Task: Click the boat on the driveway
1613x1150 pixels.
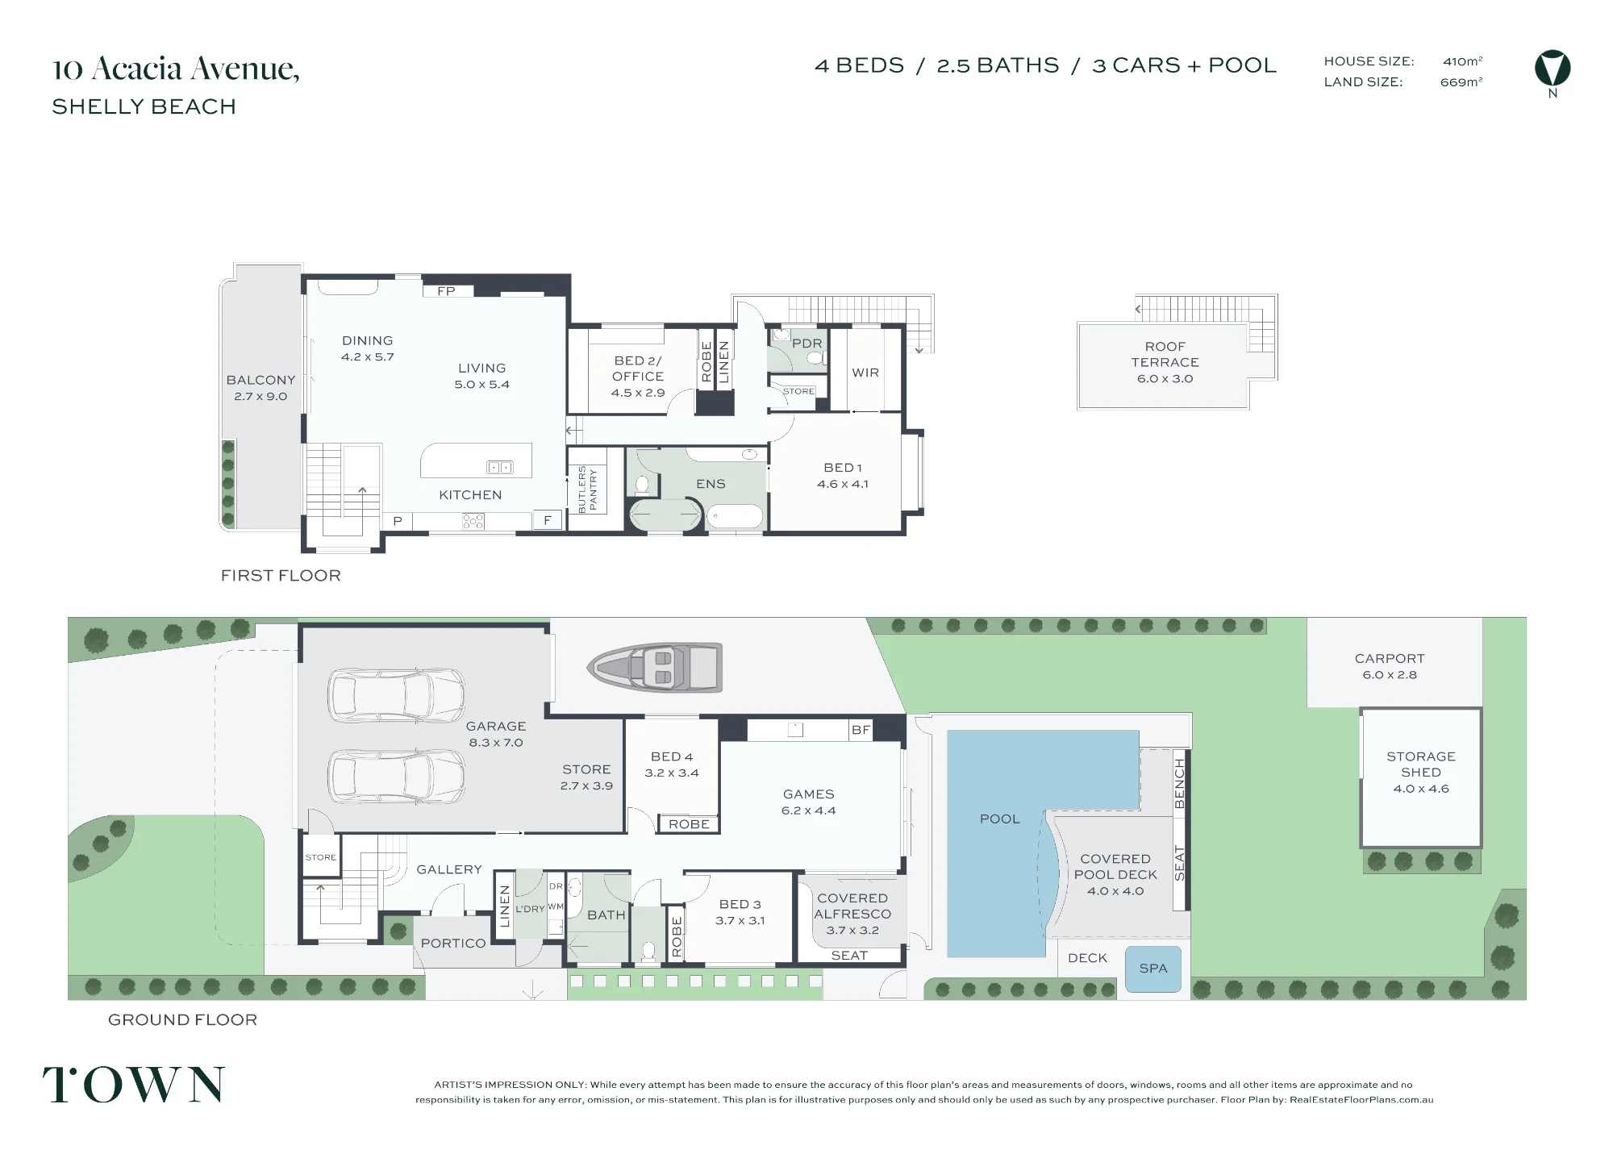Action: click(654, 667)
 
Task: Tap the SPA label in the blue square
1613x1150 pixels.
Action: click(1152, 969)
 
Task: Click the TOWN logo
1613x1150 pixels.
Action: click(134, 1085)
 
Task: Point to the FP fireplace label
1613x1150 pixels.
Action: click(446, 291)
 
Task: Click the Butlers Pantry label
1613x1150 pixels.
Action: click(587, 489)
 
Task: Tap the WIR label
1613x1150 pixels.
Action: click(865, 373)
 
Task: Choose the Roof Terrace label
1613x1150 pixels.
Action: click(1165, 354)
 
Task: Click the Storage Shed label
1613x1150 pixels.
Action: click(1421, 764)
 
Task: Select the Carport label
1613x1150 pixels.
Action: click(1390, 658)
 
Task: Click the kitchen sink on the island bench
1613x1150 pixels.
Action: click(500, 467)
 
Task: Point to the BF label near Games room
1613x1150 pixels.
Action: click(861, 730)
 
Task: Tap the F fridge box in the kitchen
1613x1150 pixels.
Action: click(548, 520)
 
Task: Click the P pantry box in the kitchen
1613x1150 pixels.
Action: click(398, 521)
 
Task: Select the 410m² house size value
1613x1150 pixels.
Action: click(1462, 61)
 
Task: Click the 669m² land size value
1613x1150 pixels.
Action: click(1461, 81)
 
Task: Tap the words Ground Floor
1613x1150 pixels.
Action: click(182, 1019)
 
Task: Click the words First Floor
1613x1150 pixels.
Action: click(281, 575)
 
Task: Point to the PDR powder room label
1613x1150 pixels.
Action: click(807, 343)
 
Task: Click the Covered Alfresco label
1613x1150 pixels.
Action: click(852, 906)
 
